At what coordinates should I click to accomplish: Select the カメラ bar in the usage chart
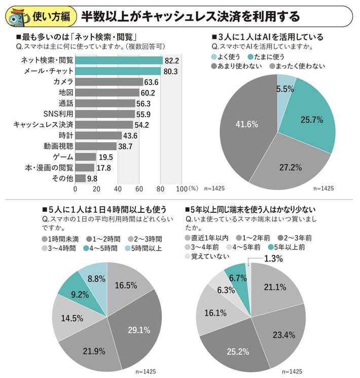pos(109,82)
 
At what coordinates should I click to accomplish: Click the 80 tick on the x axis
pos(160,189)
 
